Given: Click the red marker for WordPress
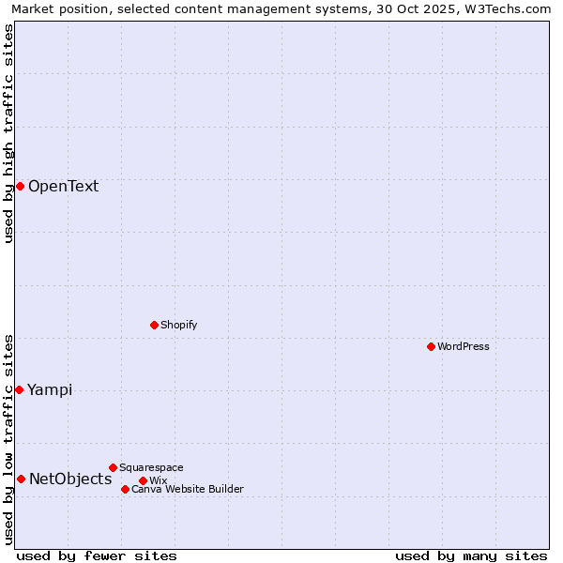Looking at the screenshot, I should [x=431, y=346].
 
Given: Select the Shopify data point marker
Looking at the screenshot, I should [x=154, y=325].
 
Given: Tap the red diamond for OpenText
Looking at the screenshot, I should [x=20, y=186].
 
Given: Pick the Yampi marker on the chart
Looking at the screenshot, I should [x=19, y=389].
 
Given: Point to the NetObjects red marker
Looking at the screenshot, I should [x=21, y=479].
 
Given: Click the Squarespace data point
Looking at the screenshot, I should [x=113, y=467].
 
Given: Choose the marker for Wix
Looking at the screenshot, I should [x=143, y=480].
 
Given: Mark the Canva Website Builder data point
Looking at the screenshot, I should [x=125, y=489].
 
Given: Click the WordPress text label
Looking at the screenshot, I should [x=464, y=346].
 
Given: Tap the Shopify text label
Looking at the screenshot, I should [x=178, y=325].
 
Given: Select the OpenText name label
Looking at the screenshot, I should [x=63, y=186].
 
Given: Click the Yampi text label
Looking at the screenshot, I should [x=50, y=389].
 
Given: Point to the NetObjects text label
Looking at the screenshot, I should [x=70, y=479].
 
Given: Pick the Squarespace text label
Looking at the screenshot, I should [x=151, y=467].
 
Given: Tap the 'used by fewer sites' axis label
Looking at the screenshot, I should [x=97, y=555].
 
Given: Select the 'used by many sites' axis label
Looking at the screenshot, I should [x=471, y=555].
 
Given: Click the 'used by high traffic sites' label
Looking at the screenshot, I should [x=8, y=133].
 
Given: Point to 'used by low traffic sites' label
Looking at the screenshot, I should [x=8, y=439].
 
